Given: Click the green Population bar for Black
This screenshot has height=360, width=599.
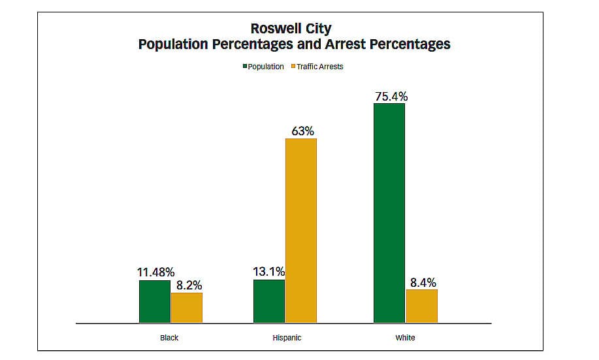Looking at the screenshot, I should click(155, 301).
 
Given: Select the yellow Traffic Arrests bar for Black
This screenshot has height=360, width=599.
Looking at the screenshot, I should click(187, 308).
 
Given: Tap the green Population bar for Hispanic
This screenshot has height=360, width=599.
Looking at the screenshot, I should click(269, 301).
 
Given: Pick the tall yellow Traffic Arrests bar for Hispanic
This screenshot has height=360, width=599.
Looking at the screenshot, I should click(301, 231).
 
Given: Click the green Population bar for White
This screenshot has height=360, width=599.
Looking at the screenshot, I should click(389, 213).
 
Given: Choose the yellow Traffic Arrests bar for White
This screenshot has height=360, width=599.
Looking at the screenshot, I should click(421, 306).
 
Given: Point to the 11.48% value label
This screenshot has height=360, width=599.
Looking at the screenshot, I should click(155, 272).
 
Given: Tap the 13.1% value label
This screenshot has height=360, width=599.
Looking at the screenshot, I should click(268, 272).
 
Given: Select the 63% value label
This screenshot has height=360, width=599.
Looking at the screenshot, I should click(302, 131).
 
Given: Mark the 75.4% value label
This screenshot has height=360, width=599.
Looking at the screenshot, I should click(391, 96).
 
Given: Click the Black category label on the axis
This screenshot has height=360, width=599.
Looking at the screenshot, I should click(169, 338).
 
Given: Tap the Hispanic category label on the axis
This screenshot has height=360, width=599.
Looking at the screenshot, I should click(287, 338).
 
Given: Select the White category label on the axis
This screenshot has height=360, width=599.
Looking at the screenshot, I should click(405, 338).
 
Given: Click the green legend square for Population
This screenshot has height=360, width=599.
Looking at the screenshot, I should click(244, 67).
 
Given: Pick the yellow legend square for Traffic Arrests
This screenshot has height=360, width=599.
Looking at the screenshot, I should click(293, 67).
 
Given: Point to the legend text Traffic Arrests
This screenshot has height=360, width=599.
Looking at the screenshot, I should click(320, 67).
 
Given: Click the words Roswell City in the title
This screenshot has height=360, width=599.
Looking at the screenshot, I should click(291, 29).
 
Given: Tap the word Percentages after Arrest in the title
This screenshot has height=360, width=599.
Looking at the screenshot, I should click(406, 44).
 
